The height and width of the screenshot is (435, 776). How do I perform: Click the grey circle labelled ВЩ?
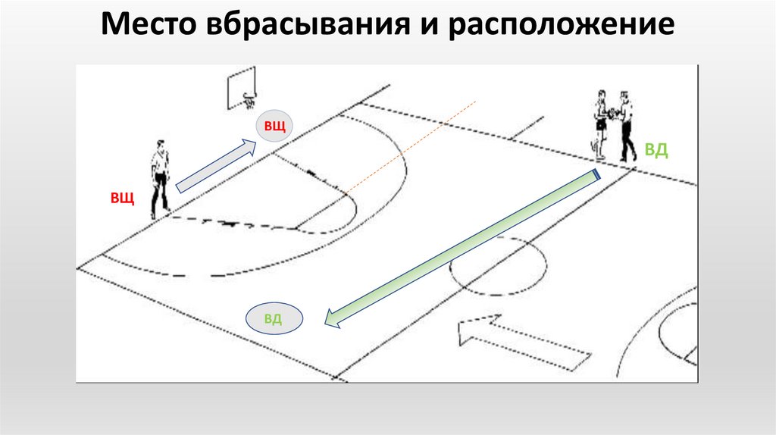(274, 126)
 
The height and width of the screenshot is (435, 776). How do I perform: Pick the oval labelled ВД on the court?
(274, 318)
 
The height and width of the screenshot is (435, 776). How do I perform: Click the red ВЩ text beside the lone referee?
(123, 199)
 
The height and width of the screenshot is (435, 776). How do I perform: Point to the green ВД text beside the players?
(656, 150)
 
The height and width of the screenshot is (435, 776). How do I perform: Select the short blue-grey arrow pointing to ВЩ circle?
(216, 165)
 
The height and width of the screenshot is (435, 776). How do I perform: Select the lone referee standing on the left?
(160, 179)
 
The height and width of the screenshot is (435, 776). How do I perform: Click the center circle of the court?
(498, 267)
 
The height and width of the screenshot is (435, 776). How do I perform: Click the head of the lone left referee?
(160, 144)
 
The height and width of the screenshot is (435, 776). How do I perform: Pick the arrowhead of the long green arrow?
(331, 321)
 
